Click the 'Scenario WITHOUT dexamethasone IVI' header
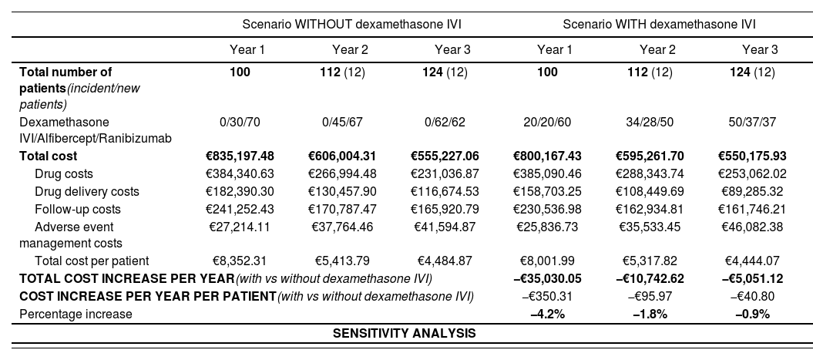pos(350,24)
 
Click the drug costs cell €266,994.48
pos(350,174)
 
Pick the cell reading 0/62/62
pos(452,122)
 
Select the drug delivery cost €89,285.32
pos(760,192)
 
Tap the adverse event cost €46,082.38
pos(760,227)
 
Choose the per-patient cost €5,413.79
pos(350,261)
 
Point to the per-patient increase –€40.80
pos(760,296)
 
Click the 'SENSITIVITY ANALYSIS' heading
pos(405,333)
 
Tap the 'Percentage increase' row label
pos(66,314)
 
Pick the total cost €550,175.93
pos(760,156)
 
